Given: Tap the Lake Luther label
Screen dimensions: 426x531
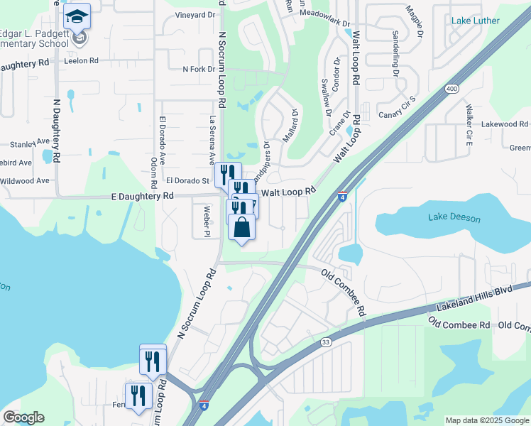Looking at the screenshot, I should [x=475, y=21].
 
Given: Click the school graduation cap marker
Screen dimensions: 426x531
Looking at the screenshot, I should [x=77, y=18].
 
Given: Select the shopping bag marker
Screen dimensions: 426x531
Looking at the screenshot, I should [x=242, y=228].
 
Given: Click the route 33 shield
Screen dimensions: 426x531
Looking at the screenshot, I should [x=326, y=342].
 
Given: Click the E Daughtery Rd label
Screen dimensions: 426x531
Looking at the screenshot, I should [x=142, y=196].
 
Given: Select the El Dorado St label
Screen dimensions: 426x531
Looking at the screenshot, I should [x=187, y=181].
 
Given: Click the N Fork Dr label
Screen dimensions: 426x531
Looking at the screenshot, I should [x=199, y=69].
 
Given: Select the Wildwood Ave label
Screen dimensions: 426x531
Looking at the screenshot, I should [x=25, y=180].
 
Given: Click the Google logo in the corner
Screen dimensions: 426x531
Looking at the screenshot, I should [x=23, y=417].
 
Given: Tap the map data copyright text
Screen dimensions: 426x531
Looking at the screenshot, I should [x=486, y=420].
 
